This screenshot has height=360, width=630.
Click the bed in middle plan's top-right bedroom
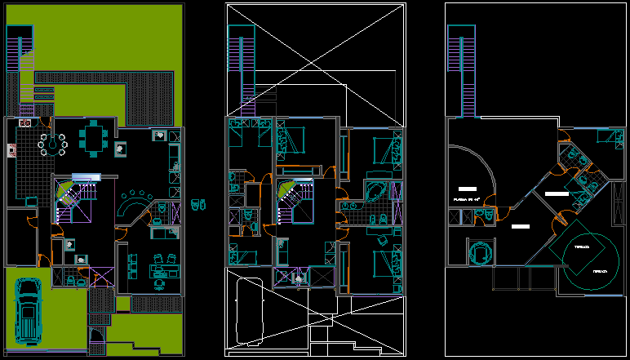[384, 151]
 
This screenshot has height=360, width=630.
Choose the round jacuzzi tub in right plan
[480, 252]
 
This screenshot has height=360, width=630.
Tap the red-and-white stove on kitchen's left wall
[11, 149]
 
